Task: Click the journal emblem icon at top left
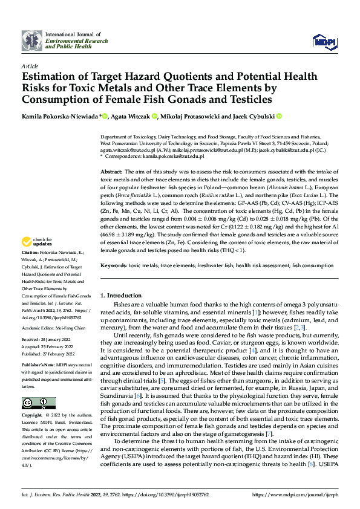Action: coord(32,41)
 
